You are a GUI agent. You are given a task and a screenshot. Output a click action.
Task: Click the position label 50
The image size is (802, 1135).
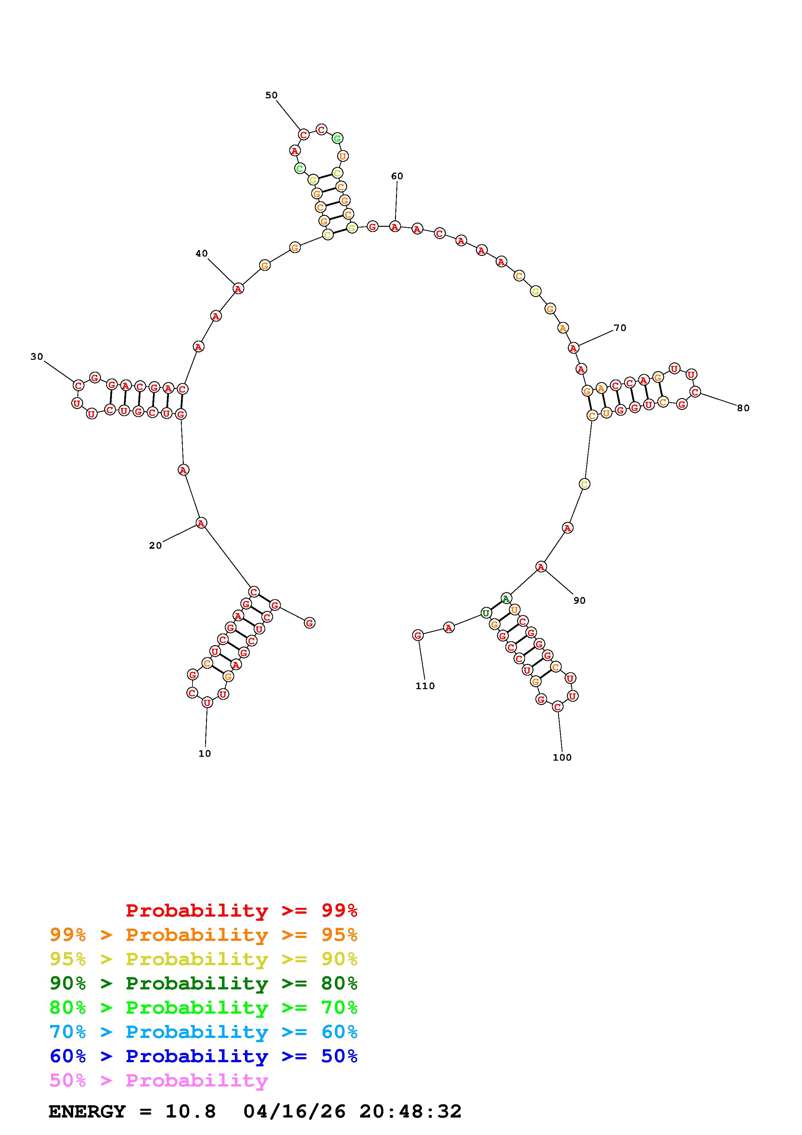[271, 95]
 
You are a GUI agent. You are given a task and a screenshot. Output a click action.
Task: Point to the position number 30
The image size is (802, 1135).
[37, 357]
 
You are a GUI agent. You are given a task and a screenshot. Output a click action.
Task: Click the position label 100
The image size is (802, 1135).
[562, 757]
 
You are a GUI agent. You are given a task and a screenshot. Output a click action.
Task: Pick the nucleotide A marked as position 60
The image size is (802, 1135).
[394, 227]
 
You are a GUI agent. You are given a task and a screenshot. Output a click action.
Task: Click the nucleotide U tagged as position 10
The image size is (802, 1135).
[207, 702]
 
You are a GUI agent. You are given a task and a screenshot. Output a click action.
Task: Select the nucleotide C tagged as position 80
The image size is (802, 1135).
[695, 392]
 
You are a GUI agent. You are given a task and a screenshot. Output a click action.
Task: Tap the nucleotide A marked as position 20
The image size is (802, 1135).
[201, 523]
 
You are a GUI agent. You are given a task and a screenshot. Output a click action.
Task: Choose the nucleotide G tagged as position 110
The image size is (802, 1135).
[418, 635]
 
